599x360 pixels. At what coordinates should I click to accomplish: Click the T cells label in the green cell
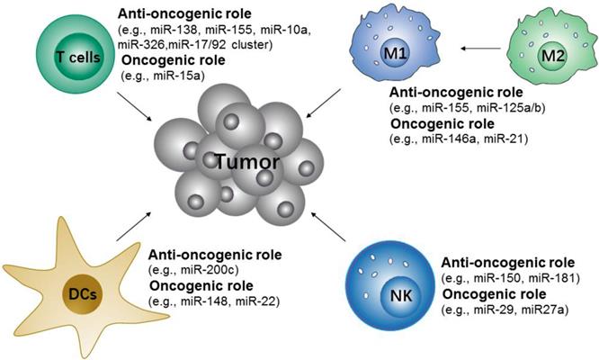point(78,58)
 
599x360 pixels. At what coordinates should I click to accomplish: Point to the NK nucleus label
point(401,295)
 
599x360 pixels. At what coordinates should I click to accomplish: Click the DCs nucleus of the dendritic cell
point(82,294)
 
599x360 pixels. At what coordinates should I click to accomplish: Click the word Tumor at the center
point(247,162)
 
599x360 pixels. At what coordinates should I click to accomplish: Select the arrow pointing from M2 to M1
point(480,49)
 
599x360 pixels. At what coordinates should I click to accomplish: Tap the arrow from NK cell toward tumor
point(328,227)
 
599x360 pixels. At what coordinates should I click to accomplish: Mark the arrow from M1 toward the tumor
point(324,103)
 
